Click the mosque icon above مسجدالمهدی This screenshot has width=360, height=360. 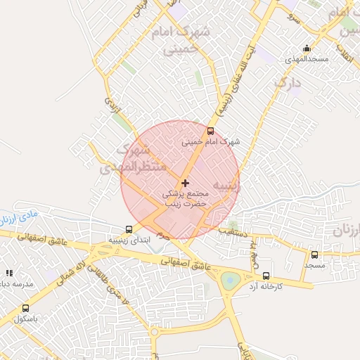click(x=307, y=49)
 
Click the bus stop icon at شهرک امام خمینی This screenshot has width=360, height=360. click(x=210, y=131)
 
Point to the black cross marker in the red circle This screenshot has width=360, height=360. click(x=185, y=183)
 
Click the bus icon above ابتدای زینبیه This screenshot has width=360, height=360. click(x=129, y=229)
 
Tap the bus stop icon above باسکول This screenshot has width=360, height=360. click(x=26, y=308)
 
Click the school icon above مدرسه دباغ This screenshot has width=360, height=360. click(x=9, y=273)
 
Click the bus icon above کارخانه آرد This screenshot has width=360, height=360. click(x=266, y=276)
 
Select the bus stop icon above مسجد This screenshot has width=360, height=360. click(x=314, y=255)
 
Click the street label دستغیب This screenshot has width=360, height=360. click(x=231, y=231)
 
